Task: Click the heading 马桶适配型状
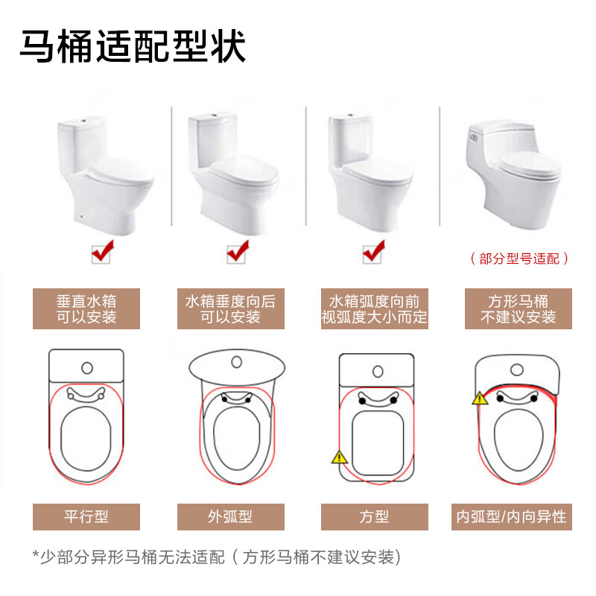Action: coord(133,46)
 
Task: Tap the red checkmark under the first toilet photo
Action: coord(103,251)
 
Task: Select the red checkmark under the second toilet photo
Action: coord(238,251)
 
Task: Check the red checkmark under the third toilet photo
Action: coord(374,251)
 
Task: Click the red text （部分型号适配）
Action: coord(519,259)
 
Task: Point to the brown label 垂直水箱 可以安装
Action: coord(86,308)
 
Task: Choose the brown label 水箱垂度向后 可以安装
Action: coord(231,308)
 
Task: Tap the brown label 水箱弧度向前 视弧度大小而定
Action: coord(375,308)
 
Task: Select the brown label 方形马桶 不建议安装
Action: coord(519,308)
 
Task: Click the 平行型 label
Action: coord(86,517)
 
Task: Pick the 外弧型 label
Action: coord(231,517)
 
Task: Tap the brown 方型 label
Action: coord(375,517)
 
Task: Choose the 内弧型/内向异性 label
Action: coord(512,517)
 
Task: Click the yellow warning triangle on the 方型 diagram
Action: coord(340,457)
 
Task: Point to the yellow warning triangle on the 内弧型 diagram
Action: coord(480,399)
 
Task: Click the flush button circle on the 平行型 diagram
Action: coord(87,368)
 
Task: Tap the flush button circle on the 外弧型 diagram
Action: coord(236,362)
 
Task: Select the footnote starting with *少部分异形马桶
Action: coord(217,557)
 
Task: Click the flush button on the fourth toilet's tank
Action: coord(474,138)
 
